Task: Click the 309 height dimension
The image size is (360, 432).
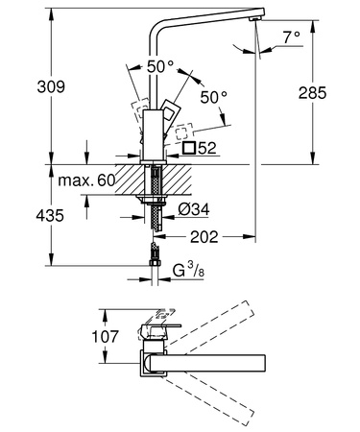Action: click(51, 86)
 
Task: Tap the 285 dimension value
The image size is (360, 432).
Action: click(312, 93)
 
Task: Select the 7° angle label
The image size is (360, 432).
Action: click(291, 37)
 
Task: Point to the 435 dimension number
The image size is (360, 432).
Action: click(50, 216)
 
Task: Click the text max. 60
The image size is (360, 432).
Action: click(86, 180)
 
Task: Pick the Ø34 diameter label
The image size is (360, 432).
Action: click(194, 209)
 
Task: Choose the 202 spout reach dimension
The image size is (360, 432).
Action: click(204, 237)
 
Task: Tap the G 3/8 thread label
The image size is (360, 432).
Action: click(188, 271)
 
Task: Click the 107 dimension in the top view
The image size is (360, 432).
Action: click(105, 337)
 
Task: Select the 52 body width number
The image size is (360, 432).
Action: click(207, 148)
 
